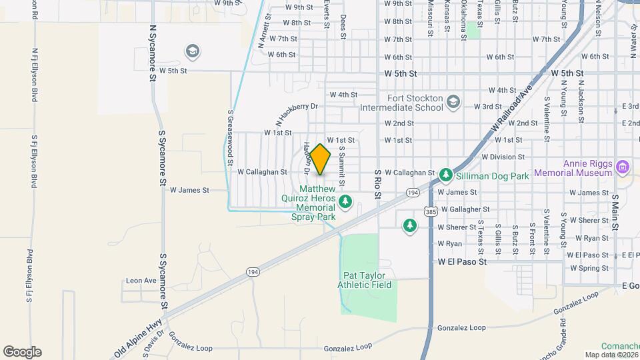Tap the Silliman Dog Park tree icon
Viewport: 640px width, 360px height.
tap(445, 175)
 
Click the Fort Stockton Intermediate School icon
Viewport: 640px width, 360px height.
tap(453, 101)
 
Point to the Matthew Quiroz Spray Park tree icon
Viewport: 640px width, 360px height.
tap(345, 201)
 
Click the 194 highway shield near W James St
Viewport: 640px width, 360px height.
tap(413, 193)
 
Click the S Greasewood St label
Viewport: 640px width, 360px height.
tap(230, 138)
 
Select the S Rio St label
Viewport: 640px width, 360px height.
tap(377, 183)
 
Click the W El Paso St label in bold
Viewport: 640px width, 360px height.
tap(462, 262)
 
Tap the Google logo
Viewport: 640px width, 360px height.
tap(22, 351)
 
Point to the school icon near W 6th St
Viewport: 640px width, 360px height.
tap(193, 51)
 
